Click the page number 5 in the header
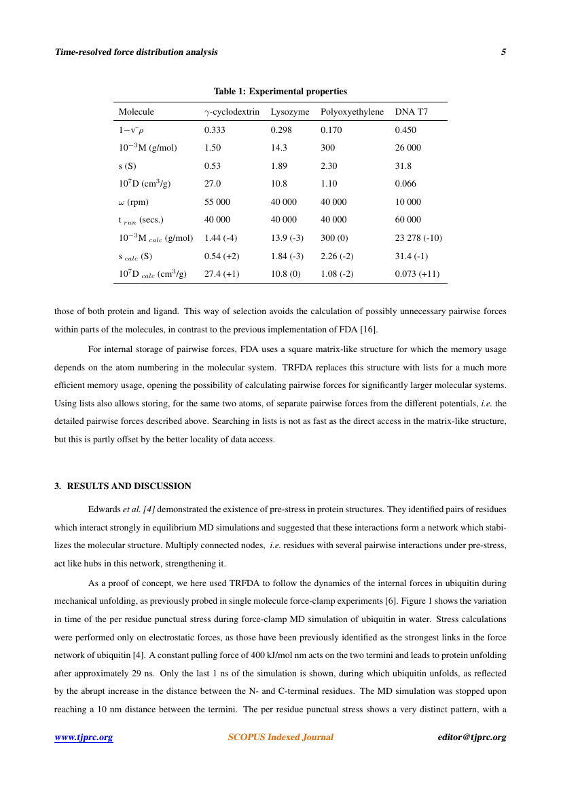(x=504, y=52)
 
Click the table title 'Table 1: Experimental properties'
(x=280, y=92)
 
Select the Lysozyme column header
(x=290, y=112)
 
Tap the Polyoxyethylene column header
(x=352, y=112)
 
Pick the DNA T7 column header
(x=412, y=112)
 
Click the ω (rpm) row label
(x=134, y=202)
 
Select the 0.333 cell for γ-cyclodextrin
(x=215, y=130)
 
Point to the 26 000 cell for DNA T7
(x=408, y=148)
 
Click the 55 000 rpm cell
(x=217, y=202)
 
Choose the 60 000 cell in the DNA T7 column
(x=408, y=220)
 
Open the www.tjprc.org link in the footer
(x=84, y=737)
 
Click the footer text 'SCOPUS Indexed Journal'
(x=280, y=737)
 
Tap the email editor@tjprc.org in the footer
(x=472, y=737)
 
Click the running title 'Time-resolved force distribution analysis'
(x=136, y=52)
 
